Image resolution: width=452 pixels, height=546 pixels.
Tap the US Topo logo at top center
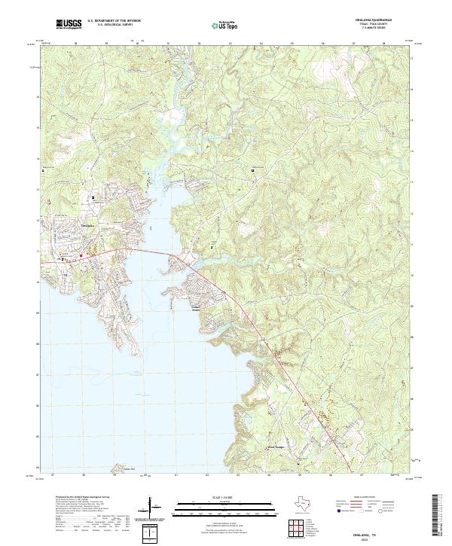coord(225,25)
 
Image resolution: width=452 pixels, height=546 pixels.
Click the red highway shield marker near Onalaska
coord(81,256)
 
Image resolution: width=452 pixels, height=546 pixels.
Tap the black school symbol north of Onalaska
coord(93,198)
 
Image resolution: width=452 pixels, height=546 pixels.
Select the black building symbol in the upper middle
coord(252,171)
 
